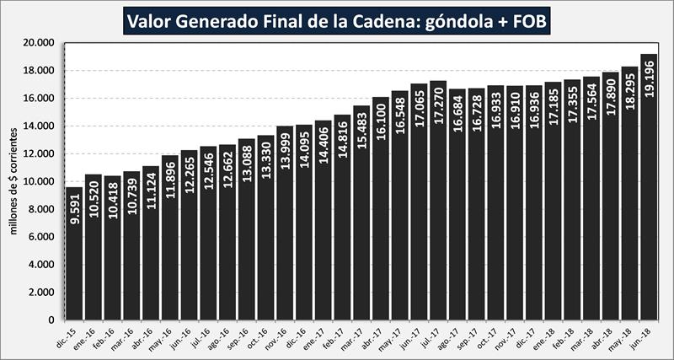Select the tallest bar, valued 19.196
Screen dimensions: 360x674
click(648, 211)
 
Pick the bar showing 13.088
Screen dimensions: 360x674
click(246, 253)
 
